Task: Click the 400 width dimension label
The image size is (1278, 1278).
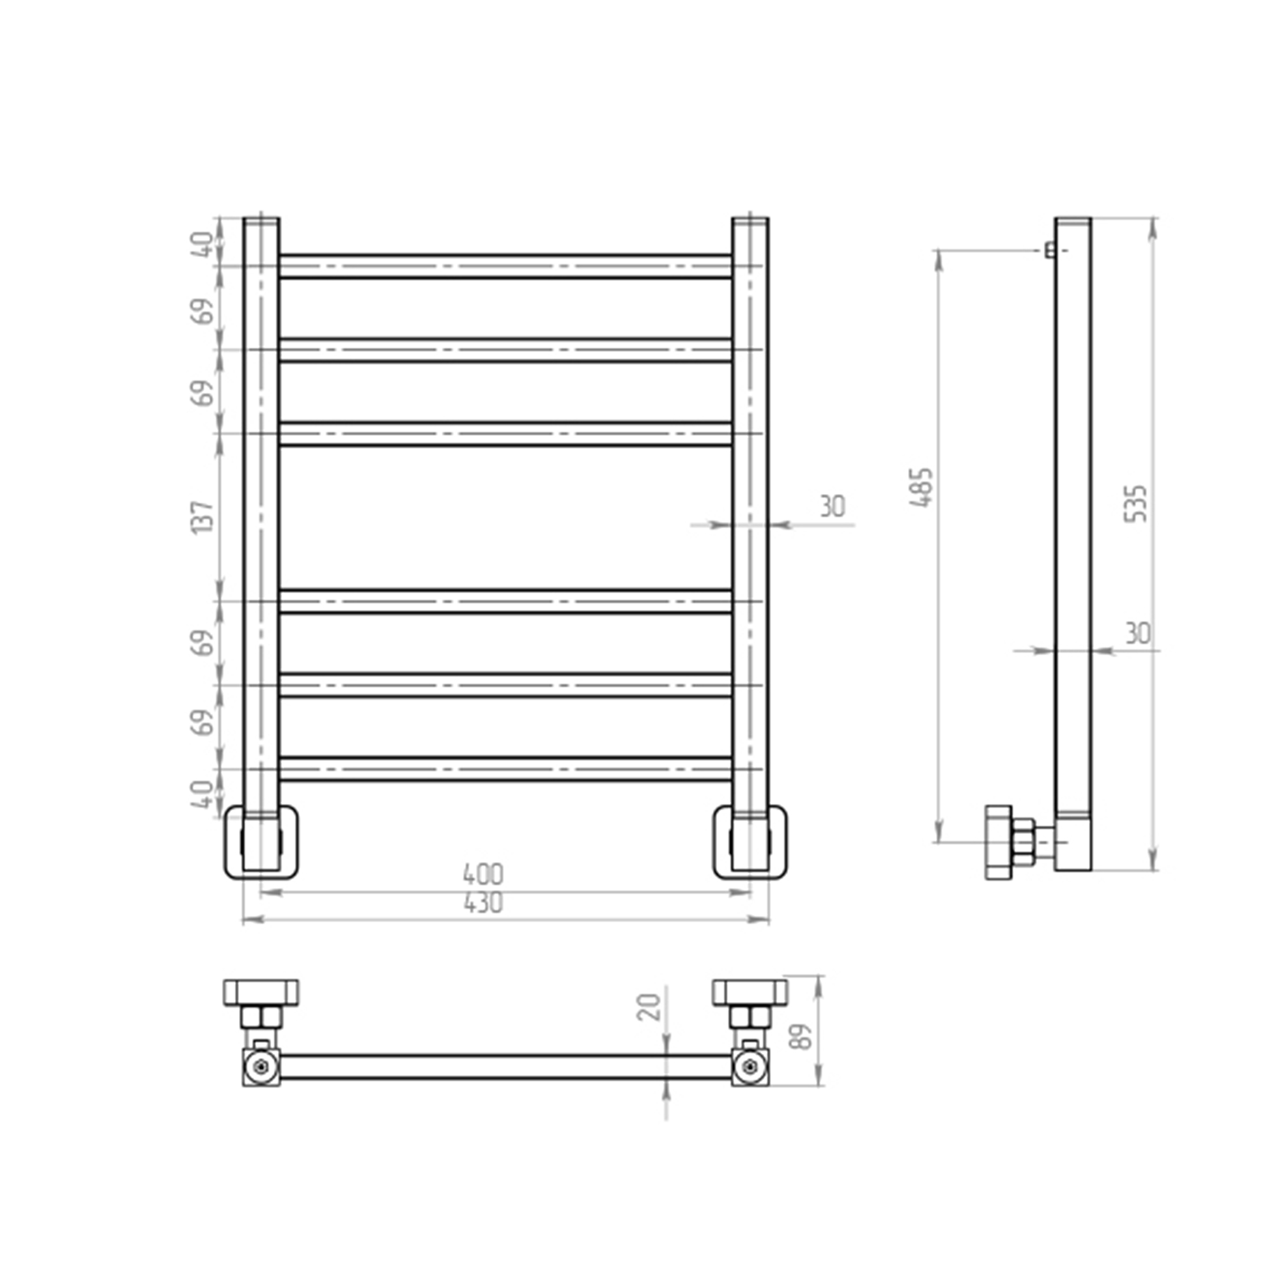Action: click(x=483, y=875)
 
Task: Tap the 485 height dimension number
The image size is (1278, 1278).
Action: click(x=921, y=488)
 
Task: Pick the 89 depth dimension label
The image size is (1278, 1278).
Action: click(x=802, y=1038)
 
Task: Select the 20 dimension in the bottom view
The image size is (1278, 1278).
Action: click(x=651, y=1008)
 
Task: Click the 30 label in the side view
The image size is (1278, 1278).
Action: click(x=1138, y=634)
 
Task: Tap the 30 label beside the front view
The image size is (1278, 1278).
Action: click(x=832, y=507)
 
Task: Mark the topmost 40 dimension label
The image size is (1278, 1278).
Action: click(x=204, y=244)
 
